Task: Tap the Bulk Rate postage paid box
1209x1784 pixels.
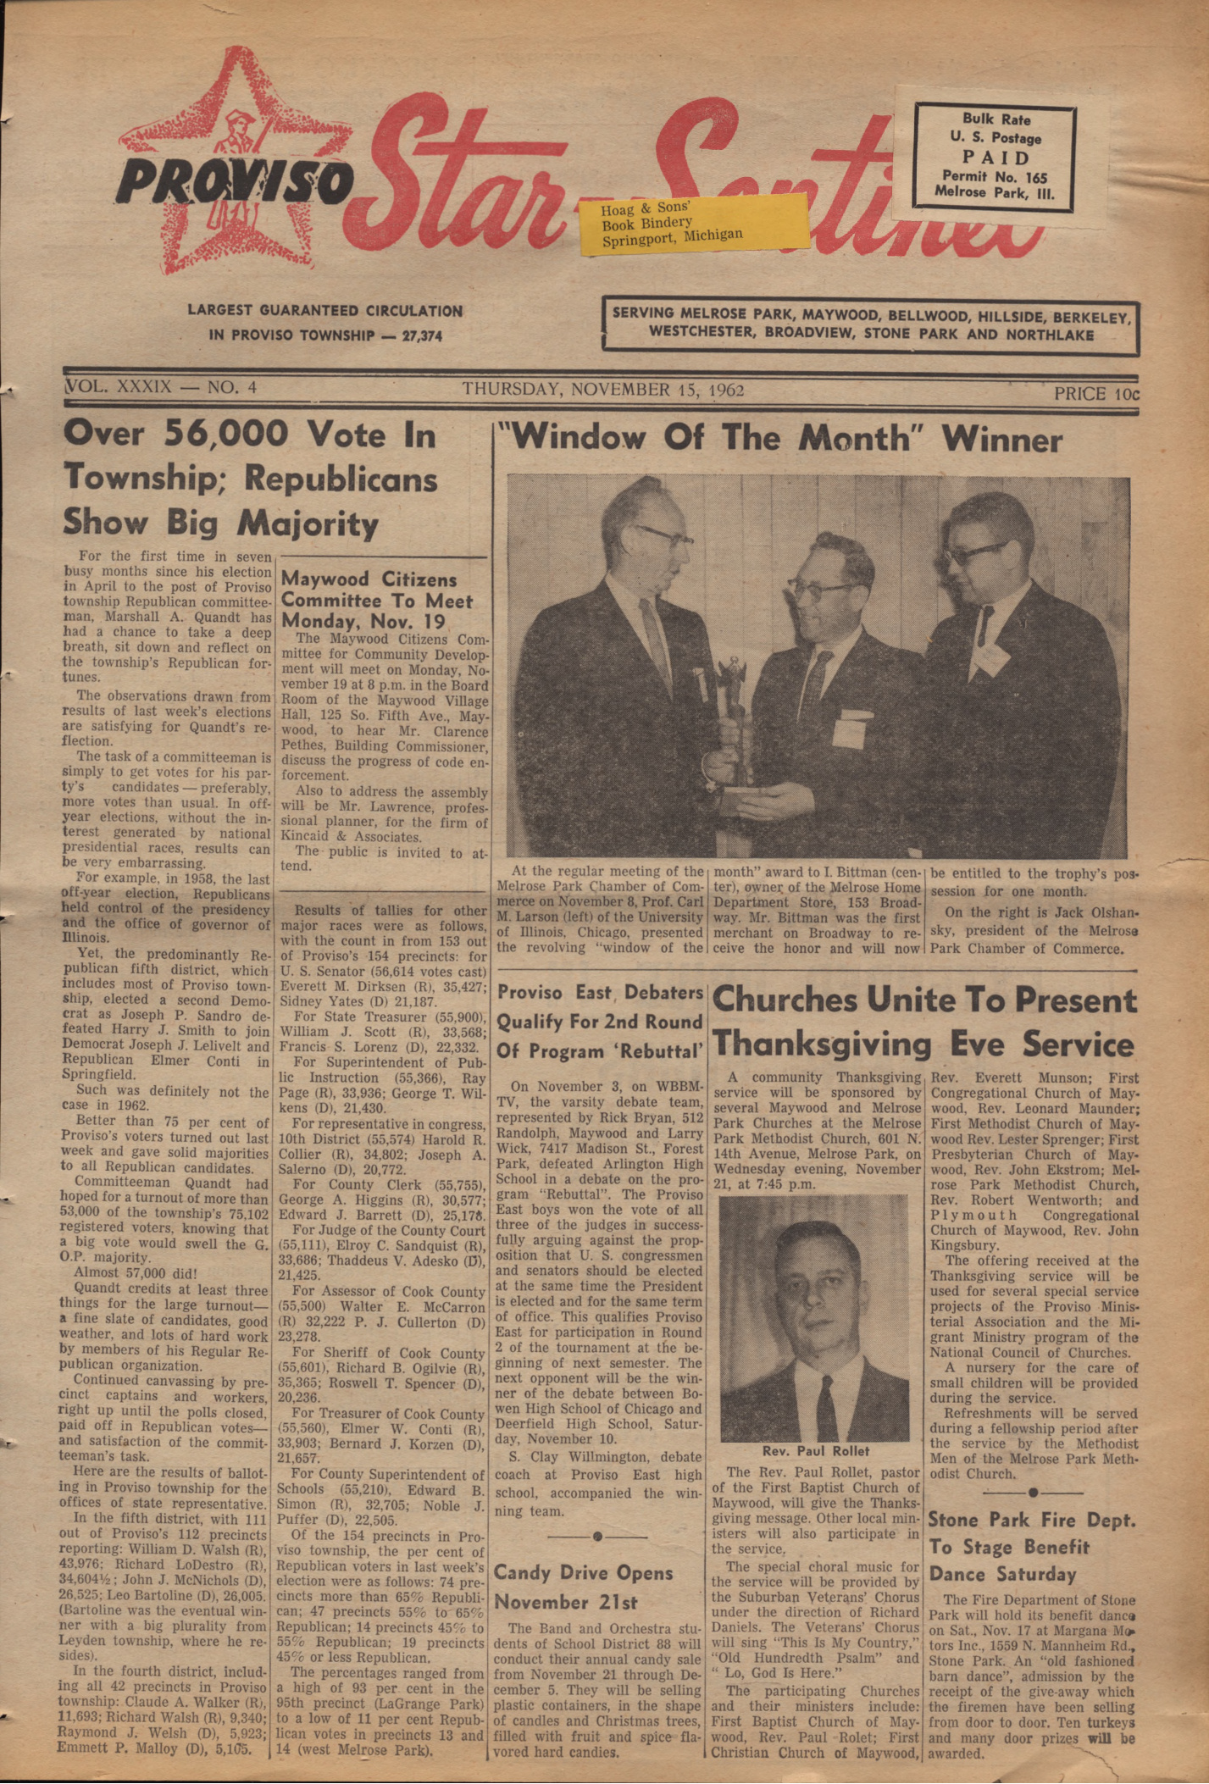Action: pos(995,155)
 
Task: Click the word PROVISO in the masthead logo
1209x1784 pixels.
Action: pos(234,178)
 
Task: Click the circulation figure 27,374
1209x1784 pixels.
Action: pos(422,335)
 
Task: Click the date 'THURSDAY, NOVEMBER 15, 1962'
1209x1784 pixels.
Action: pos(602,390)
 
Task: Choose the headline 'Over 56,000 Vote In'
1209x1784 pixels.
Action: pos(250,435)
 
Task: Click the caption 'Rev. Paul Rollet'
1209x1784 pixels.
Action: pos(816,1451)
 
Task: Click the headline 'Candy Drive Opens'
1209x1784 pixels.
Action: pos(583,1573)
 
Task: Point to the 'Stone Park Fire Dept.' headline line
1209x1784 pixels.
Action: pos(1031,1519)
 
